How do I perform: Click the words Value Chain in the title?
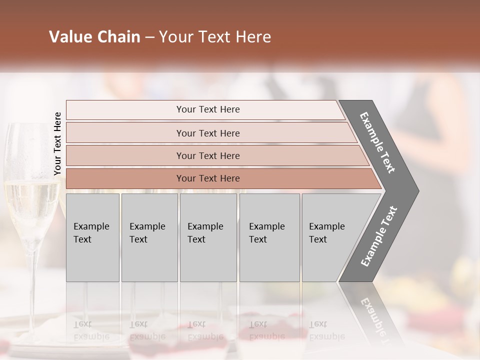pyautogui.click(x=94, y=37)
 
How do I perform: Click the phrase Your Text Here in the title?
pyautogui.click(x=215, y=37)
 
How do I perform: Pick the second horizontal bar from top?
pyautogui.click(x=207, y=133)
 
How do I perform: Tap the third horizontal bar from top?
pyautogui.click(x=207, y=155)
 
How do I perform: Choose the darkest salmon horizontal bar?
pyautogui.click(x=207, y=178)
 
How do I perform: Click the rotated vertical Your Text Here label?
pyautogui.click(x=57, y=143)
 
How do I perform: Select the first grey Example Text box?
pyautogui.click(x=92, y=237)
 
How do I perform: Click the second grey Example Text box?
pyautogui.click(x=149, y=237)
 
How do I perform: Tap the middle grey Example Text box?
pyautogui.click(x=208, y=237)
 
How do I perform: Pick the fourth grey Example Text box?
pyautogui.click(x=269, y=237)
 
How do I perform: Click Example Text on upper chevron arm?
pyautogui.click(x=377, y=142)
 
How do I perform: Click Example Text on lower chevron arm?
pyautogui.click(x=379, y=236)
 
